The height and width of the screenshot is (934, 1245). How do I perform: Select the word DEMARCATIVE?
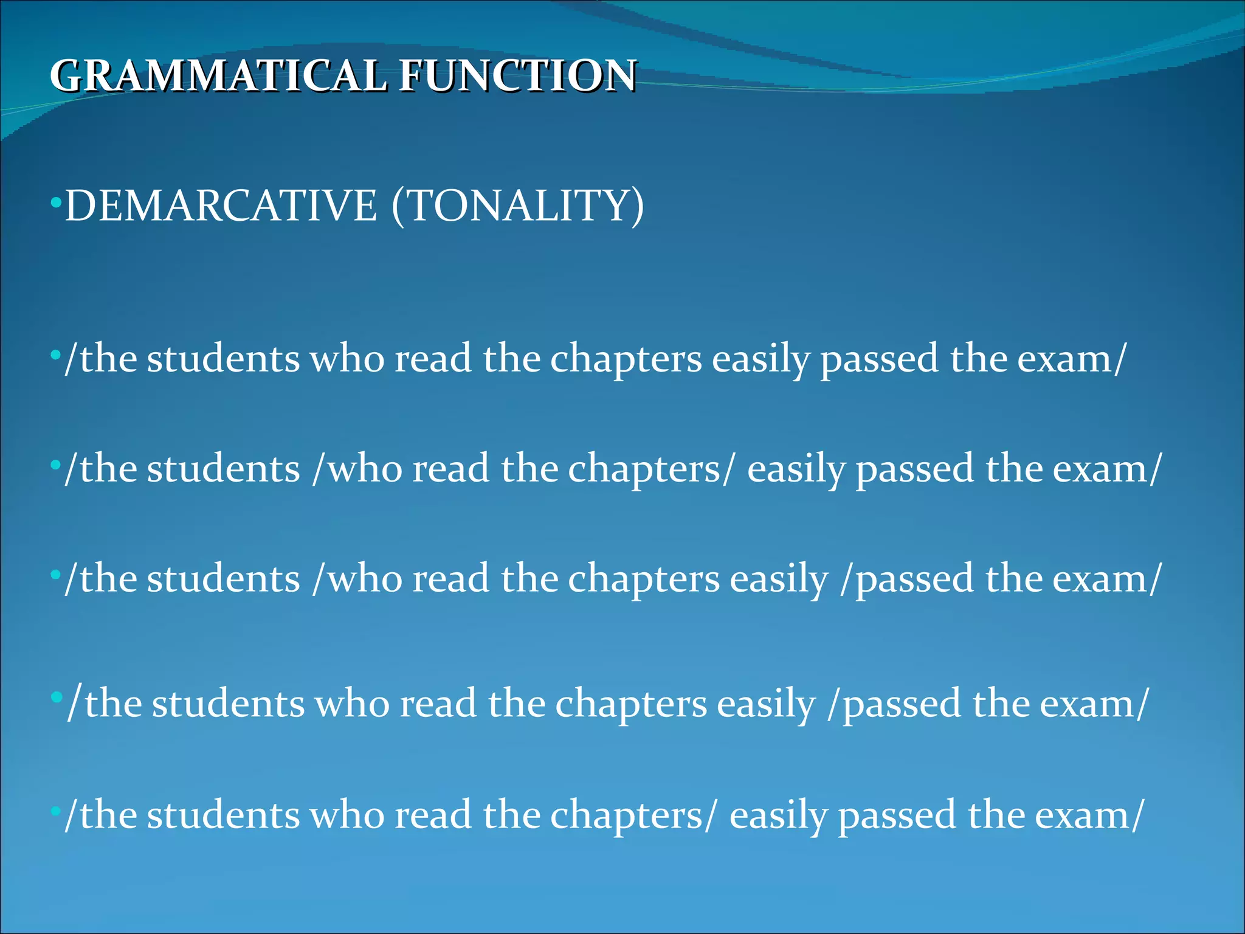[221, 206]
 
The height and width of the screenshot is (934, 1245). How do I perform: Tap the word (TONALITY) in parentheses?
[517, 206]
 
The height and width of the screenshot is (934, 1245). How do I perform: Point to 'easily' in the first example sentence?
[760, 359]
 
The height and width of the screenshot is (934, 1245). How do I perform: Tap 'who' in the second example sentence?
[365, 469]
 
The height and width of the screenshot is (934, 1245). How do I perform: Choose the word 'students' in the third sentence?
[223, 578]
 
